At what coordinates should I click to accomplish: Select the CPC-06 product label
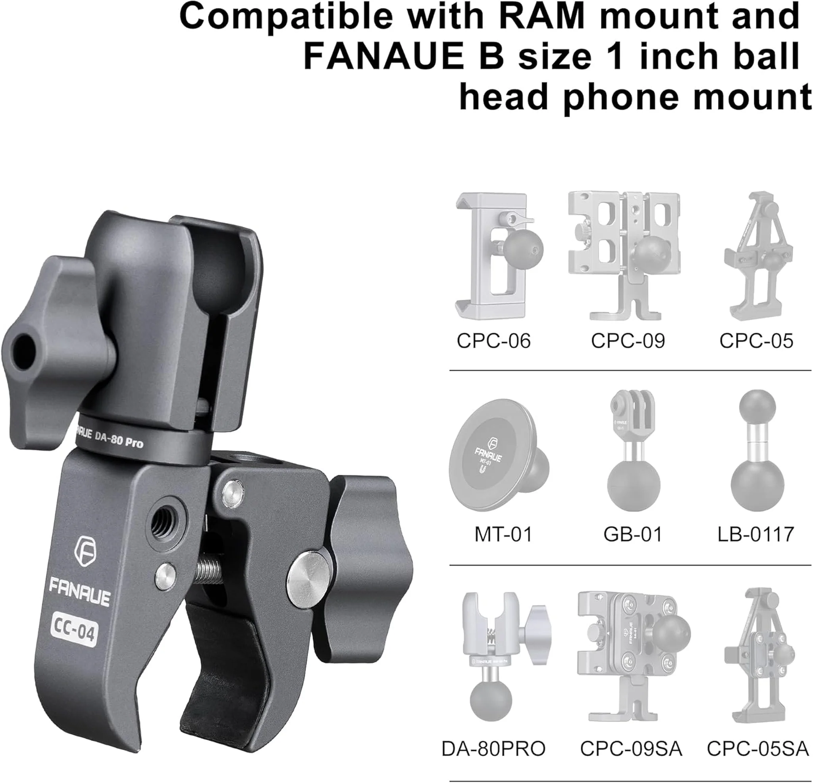493,340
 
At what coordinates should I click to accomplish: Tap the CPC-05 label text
756,340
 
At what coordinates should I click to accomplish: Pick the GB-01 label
632,534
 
